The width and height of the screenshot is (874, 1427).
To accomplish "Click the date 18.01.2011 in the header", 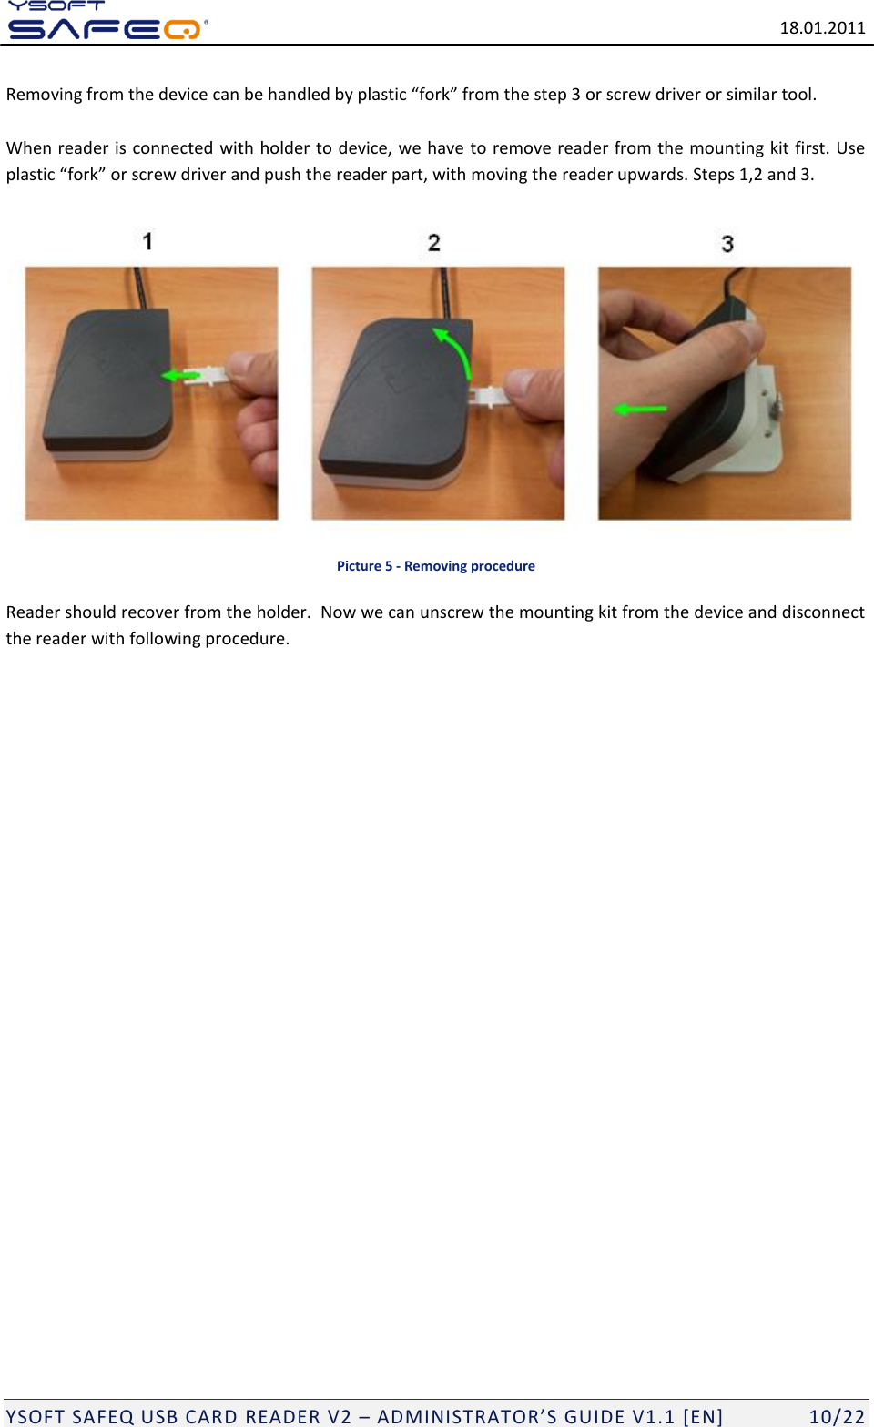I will point(822,27).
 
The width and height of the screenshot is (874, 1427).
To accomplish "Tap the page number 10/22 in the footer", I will point(837,1416).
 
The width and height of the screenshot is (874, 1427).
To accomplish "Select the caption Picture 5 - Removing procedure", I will point(436,566).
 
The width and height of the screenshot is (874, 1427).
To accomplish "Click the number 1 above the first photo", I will point(147,241).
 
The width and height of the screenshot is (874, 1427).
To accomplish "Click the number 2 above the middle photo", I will point(434,243).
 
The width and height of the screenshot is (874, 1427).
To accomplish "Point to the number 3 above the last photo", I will point(727,244).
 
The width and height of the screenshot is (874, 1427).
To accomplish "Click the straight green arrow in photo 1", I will point(179,376).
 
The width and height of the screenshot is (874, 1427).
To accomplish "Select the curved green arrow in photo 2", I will point(456,350).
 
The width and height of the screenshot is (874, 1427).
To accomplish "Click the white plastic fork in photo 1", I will point(210,375).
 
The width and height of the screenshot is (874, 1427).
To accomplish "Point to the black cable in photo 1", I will point(138,288).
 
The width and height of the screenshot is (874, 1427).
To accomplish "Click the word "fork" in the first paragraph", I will point(434,95).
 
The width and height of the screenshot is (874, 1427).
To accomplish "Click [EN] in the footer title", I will point(703,1416).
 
